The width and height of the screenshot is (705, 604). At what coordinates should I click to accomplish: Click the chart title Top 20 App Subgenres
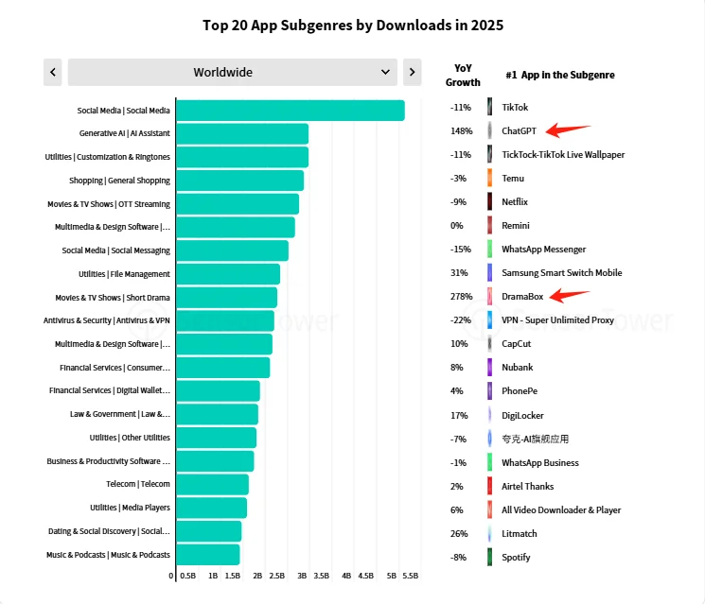[353, 25]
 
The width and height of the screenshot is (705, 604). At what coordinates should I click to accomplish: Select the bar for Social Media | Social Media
[290, 111]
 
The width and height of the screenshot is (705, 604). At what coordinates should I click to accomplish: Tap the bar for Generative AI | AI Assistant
[242, 133]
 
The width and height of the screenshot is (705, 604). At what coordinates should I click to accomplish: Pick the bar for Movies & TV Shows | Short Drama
[226, 298]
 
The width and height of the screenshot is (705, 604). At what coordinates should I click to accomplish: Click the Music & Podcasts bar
[207, 555]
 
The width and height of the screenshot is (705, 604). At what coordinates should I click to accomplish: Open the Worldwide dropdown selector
[232, 72]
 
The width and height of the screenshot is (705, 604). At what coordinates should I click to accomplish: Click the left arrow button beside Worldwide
[53, 72]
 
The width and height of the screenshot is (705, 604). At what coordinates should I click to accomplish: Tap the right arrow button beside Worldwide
[412, 72]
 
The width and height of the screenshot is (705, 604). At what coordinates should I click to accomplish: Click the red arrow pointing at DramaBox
[571, 295]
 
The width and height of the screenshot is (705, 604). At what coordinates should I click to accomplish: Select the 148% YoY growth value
[461, 130]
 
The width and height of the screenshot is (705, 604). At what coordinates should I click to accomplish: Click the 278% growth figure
[461, 297]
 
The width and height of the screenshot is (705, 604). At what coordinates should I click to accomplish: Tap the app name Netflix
[515, 202]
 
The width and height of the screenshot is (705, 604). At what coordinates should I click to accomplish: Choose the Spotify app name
[516, 558]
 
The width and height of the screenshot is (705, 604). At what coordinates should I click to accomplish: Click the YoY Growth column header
[463, 75]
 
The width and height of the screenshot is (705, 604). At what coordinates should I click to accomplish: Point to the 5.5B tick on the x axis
[411, 575]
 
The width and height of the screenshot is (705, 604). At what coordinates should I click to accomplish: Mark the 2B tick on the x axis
[257, 575]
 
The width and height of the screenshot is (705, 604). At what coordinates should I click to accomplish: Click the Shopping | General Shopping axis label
[119, 181]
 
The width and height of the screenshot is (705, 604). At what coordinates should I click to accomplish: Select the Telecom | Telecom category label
[138, 484]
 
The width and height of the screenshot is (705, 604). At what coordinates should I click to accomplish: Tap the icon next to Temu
[489, 178]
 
